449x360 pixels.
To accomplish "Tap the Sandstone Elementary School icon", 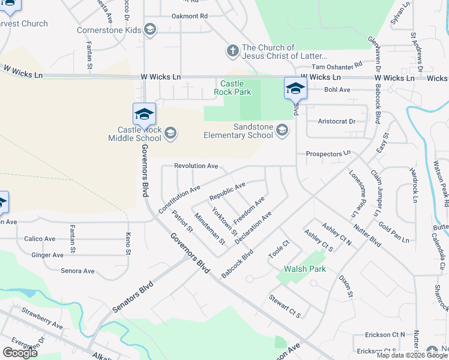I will (x=282, y=131).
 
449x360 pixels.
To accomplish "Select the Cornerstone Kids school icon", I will (x=150, y=29).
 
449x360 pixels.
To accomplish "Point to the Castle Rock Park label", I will (x=234, y=88).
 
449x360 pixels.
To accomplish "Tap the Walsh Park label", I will (x=305, y=269).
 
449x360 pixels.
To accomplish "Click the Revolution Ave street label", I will (x=196, y=166).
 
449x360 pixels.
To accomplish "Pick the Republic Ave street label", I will (x=227, y=191).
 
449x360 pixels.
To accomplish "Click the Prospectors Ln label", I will (x=328, y=154).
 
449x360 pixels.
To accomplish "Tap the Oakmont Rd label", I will (x=189, y=16).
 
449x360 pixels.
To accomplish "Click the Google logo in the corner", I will (x=19, y=353).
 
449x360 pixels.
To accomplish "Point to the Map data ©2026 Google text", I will (x=412, y=355).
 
